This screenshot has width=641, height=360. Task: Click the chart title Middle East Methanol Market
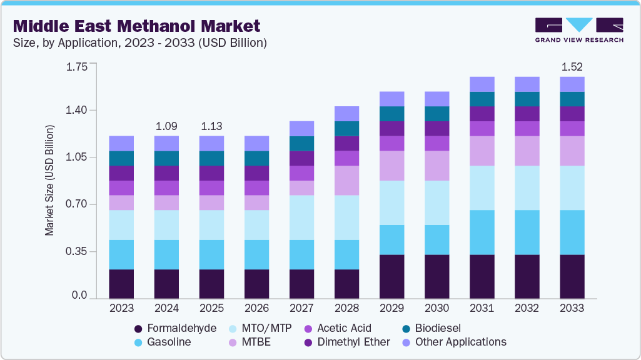(x=136, y=26)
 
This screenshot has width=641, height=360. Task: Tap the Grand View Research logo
(x=578, y=29)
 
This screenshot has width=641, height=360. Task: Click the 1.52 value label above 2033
(x=572, y=66)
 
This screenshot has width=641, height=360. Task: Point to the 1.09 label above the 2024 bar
(x=166, y=126)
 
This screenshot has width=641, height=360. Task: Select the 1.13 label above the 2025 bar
(x=211, y=126)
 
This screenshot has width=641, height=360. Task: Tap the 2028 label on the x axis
(x=346, y=308)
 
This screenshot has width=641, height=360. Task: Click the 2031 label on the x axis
(x=482, y=308)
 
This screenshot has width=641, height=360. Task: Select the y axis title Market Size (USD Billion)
(x=49, y=181)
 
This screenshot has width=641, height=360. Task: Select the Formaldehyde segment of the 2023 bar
(x=121, y=284)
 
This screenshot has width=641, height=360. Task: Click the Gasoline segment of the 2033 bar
(x=572, y=232)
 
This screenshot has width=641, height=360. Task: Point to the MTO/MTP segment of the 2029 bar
(x=391, y=202)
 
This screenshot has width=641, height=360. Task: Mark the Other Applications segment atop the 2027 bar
(x=301, y=128)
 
